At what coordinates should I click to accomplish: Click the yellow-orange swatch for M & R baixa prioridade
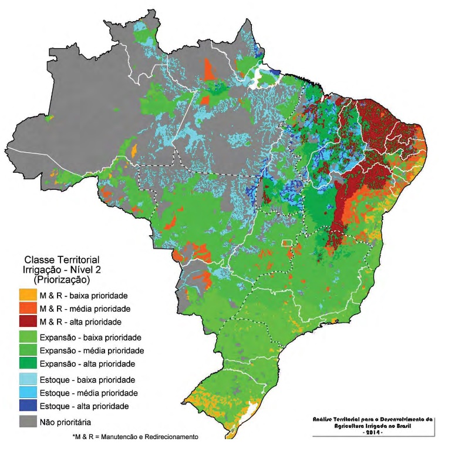point(28,295)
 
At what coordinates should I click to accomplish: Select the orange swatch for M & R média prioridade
point(28,308)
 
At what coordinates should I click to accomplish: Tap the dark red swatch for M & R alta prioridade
point(28,322)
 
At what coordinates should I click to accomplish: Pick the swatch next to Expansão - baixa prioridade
point(28,337)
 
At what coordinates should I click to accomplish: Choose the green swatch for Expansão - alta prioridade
point(28,364)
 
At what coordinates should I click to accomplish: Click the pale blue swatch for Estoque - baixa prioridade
point(28,379)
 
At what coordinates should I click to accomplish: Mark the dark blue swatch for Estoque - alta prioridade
point(28,406)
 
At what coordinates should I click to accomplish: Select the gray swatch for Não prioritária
point(28,422)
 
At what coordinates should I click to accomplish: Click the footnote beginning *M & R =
point(134,437)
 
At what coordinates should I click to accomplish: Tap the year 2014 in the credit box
point(373,432)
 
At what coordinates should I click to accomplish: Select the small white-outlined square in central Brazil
point(287,243)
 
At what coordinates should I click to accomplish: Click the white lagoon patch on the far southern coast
point(254,409)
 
